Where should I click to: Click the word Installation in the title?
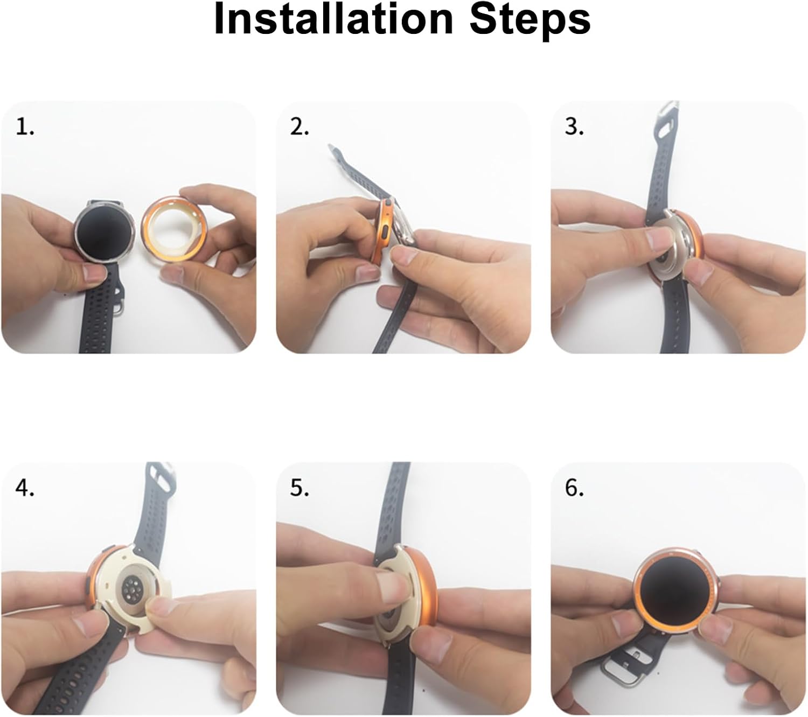pyautogui.click(x=333, y=19)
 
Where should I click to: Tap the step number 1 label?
pyautogui.click(x=25, y=127)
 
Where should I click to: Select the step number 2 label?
pyautogui.click(x=299, y=127)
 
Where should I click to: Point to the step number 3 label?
pyautogui.click(x=574, y=127)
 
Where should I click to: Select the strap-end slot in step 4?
pyautogui.click(x=162, y=481)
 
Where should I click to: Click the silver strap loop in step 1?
pyautogui.click(x=119, y=304)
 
